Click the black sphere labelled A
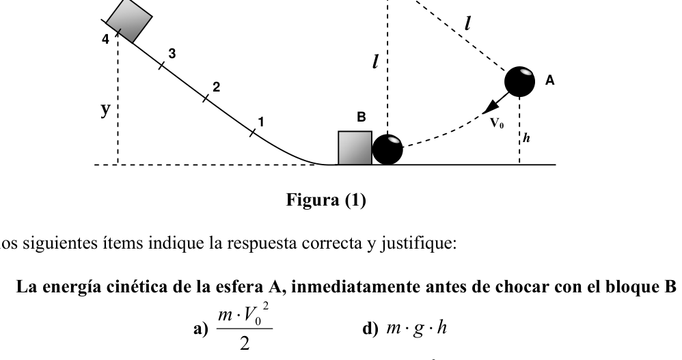520,82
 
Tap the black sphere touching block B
387,150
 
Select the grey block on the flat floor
355,148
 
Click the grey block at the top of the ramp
129,21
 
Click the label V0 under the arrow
497,124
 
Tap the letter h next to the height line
526,138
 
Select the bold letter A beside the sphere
550,81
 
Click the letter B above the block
361,117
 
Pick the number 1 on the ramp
261,122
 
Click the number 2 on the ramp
216,87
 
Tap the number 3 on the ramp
172,53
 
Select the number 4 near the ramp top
105,39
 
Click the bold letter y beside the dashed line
105,109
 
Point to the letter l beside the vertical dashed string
375,61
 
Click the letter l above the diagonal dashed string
467,23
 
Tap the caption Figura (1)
326,200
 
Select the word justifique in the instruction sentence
418,243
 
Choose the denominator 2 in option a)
245,344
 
